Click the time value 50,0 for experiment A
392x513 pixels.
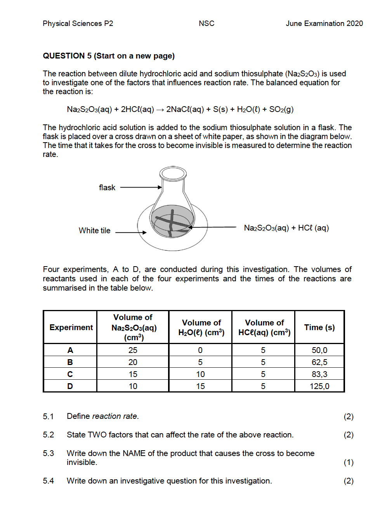click(x=319, y=350)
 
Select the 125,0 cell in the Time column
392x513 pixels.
click(x=319, y=386)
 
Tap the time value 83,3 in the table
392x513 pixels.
click(x=319, y=374)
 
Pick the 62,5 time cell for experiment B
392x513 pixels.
click(x=319, y=362)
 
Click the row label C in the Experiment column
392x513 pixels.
click(x=70, y=374)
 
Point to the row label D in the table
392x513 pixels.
click(x=70, y=386)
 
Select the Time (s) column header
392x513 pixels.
click(x=319, y=327)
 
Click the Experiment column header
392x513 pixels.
click(x=71, y=327)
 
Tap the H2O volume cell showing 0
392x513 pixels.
click(x=200, y=350)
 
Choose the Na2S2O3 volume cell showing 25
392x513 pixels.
click(x=133, y=350)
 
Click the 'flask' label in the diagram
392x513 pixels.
click(x=107, y=188)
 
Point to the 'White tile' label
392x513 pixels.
click(x=94, y=231)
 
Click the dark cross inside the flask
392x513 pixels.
click(x=172, y=222)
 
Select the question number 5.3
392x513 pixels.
click(x=49, y=453)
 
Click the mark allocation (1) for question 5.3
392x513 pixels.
click(x=349, y=462)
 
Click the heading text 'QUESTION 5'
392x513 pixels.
click(x=67, y=56)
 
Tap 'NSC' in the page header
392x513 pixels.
click(x=206, y=24)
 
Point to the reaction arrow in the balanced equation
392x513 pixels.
click(x=160, y=110)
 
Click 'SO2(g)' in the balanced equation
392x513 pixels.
click(x=281, y=110)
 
